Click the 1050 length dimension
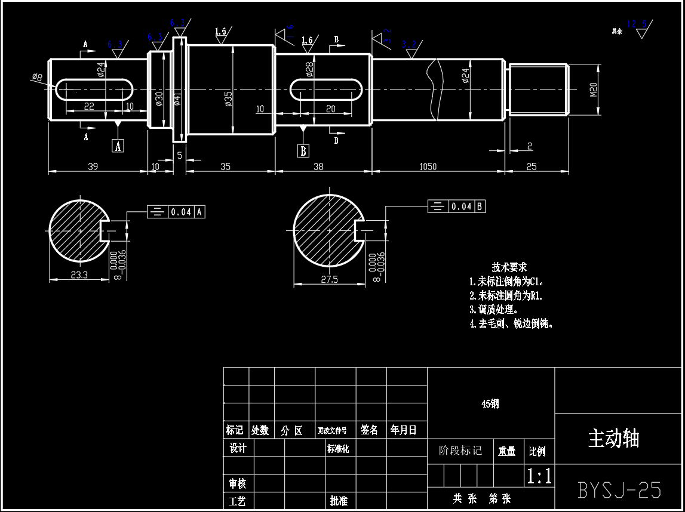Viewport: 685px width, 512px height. pyautogui.click(x=428, y=167)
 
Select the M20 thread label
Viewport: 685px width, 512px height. pyautogui.click(x=594, y=90)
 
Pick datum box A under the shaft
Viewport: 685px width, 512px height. pyautogui.click(x=118, y=146)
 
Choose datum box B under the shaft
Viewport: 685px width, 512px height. pyautogui.click(x=303, y=150)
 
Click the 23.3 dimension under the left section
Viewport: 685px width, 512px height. pyautogui.click(x=79, y=275)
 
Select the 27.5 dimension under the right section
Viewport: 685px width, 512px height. pyautogui.click(x=329, y=279)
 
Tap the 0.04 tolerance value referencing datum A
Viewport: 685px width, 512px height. pyautogui.click(x=181, y=212)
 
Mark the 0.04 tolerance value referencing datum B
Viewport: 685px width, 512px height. pyautogui.click(x=462, y=206)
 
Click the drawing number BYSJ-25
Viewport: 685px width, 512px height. pyautogui.click(x=619, y=490)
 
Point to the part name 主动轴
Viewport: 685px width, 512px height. pyautogui.click(x=613, y=439)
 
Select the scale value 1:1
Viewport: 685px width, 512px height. pyautogui.click(x=539, y=476)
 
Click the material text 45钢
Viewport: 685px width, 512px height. pyautogui.click(x=490, y=404)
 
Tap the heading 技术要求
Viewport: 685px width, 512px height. pyautogui.click(x=509, y=267)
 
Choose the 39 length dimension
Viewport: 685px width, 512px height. pyautogui.click(x=93, y=167)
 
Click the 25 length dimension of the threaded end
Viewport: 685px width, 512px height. pyautogui.click(x=531, y=167)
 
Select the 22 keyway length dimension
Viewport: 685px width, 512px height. pyautogui.click(x=89, y=106)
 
